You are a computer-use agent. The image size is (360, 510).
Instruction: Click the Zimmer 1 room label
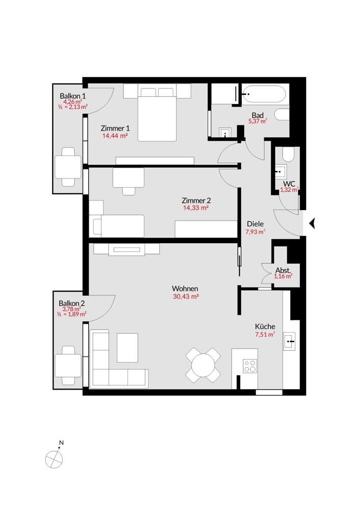tap(115, 128)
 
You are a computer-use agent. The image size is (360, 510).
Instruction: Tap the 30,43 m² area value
tap(186, 297)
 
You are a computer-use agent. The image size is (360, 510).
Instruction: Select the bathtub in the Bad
tap(264, 94)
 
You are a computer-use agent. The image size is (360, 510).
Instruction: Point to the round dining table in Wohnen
tap(203, 365)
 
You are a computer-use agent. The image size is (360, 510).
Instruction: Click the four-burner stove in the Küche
tap(250, 366)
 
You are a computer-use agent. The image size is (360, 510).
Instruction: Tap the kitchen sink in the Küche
tap(289, 341)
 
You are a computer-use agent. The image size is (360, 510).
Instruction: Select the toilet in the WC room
tap(288, 155)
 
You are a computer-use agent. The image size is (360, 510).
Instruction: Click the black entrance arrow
tap(312, 224)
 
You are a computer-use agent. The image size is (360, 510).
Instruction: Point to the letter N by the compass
tap(62, 443)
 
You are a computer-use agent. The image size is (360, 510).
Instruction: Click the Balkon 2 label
tap(71, 303)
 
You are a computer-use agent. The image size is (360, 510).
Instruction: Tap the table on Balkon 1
tap(68, 167)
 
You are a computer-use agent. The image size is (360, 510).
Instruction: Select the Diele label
tap(255, 224)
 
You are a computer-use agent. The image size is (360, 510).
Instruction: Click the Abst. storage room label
tap(283, 270)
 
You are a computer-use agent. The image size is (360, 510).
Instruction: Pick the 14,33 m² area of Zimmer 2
tap(196, 208)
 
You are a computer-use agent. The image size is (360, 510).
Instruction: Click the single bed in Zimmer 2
tap(119, 226)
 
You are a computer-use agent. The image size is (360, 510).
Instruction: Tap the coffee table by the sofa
tap(127, 348)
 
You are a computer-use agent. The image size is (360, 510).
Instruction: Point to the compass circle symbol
tap(54, 460)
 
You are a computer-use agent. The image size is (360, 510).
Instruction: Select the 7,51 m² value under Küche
tap(265, 335)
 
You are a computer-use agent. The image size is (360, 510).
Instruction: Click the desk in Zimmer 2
tap(128, 177)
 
